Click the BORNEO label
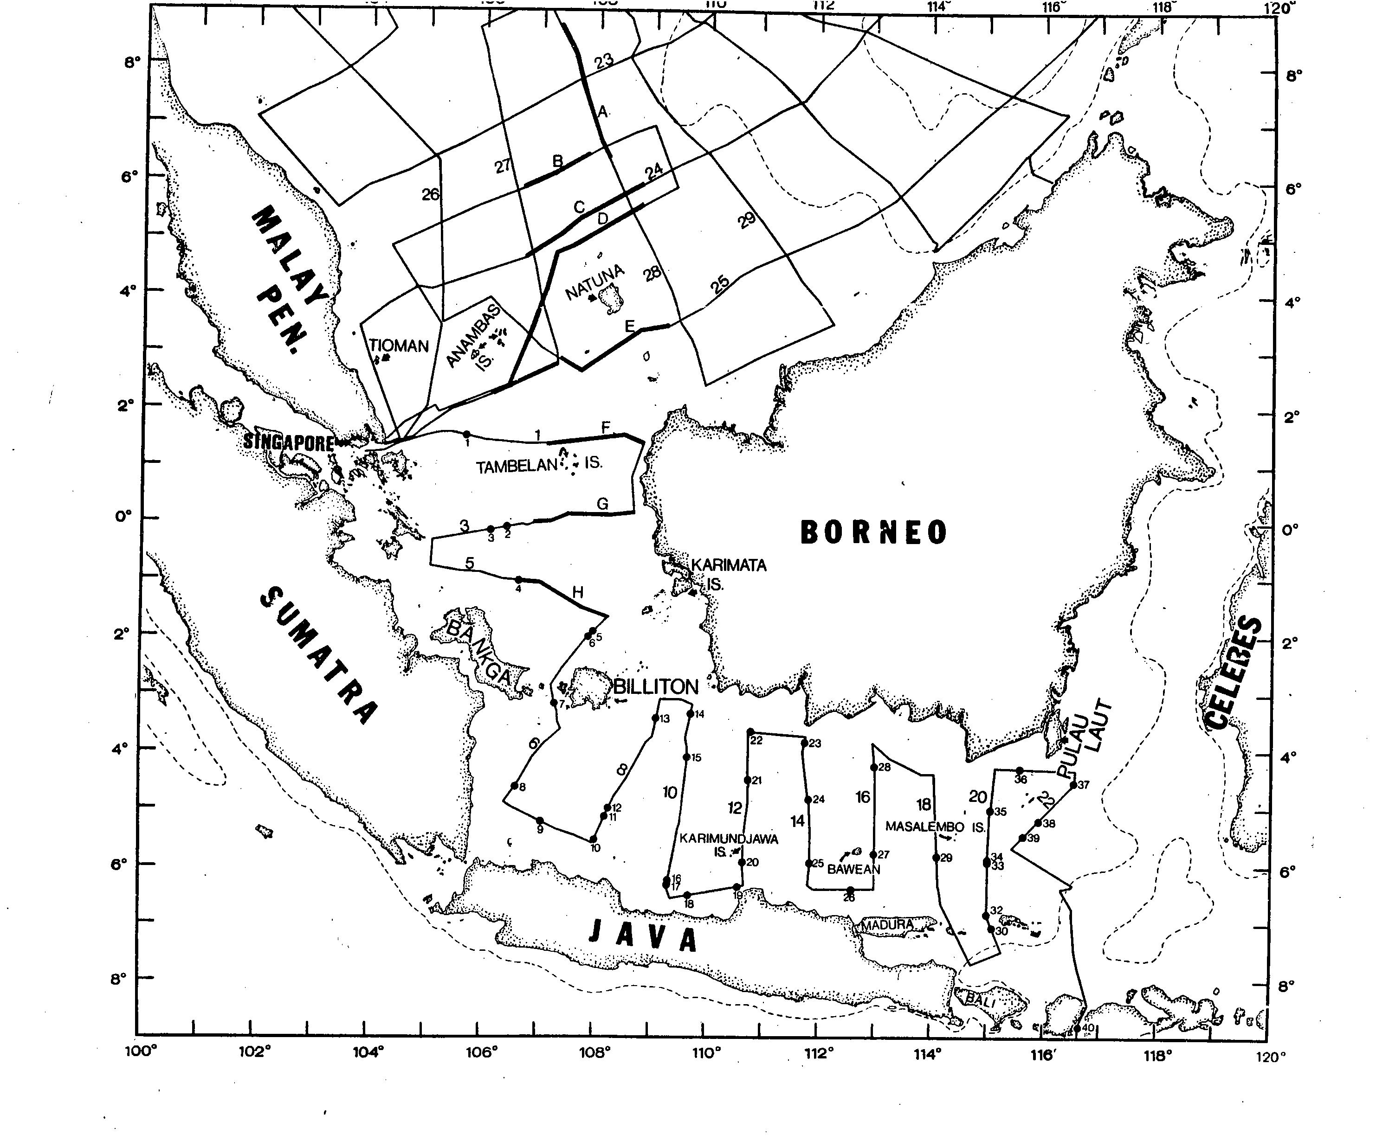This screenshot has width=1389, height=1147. [x=873, y=532]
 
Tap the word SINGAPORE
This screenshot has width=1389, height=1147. [x=288, y=442]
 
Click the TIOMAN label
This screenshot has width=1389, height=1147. [x=399, y=346]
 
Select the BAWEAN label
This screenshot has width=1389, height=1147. [x=853, y=870]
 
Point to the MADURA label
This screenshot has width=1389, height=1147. [x=886, y=925]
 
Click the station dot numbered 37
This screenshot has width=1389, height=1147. [x=1073, y=785]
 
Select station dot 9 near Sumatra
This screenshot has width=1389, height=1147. [x=539, y=820]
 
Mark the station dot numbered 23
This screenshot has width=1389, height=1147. [x=804, y=743]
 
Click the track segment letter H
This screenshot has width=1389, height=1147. [x=578, y=593]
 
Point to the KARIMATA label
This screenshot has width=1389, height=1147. [x=729, y=565]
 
